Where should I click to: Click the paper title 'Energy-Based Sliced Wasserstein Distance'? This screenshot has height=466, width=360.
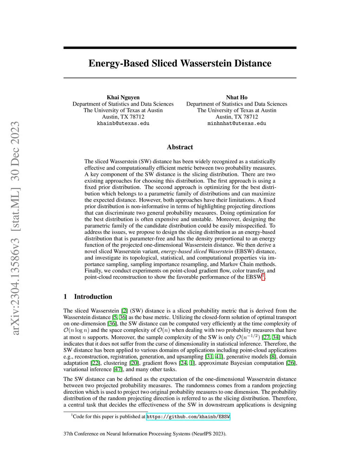click(x=180, y=63)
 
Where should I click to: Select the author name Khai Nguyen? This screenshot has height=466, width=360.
click(x=123, y=97)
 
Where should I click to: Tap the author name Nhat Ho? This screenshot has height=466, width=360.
click(x=237, y=97)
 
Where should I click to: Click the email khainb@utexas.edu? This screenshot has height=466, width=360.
click(x=123, y=123)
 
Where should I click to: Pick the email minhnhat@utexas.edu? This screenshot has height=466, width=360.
click(x=237, y=123)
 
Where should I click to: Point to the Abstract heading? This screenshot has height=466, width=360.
click(x=180, y=147)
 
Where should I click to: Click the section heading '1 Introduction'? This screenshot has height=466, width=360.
click(x=88, y=296)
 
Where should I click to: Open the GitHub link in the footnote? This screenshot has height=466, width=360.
click(x=188, y=417)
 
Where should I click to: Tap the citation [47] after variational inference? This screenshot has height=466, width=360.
click(x=118, y=369)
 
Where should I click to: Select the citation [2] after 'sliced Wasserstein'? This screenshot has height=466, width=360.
click(x=124, y=311)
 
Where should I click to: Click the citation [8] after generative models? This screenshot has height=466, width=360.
click(x=273, y=357)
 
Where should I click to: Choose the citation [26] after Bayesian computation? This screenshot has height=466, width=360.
click(x=291, y=363)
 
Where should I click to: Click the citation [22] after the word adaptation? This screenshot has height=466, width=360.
click(x=95, y=363)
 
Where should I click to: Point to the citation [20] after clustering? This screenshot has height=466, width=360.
click(x=134, y=363)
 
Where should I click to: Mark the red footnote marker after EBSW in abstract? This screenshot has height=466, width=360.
click(x=263, y=276)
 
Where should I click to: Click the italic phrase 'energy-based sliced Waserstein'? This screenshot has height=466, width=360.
click(x=197, y=251)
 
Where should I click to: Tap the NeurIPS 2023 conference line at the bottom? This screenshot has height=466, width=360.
click(x=145, y=434)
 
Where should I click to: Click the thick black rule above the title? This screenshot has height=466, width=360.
click(x=180, y=47)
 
